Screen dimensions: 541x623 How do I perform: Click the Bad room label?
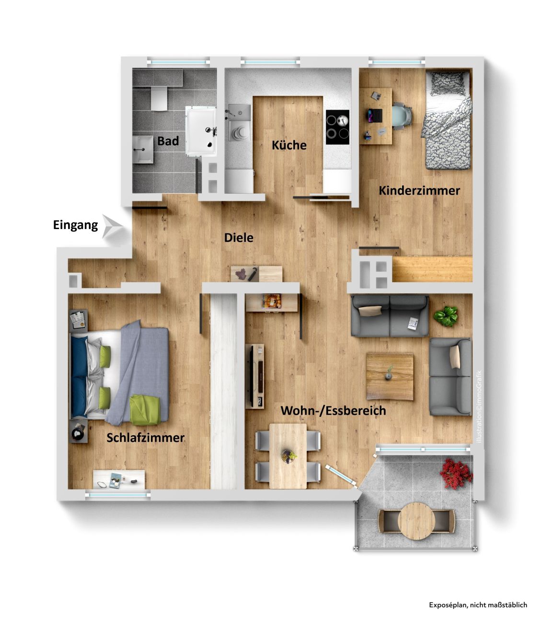[x=167, y=141]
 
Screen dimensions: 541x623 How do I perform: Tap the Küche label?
[x=288, y=145]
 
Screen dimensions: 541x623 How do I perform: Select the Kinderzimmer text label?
[x=419, y=191]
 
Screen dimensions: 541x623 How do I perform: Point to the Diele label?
[x=238, y=238]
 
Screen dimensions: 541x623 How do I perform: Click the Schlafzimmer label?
[x=145, y=438]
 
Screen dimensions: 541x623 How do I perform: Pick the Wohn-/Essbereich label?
[x=333, y=411]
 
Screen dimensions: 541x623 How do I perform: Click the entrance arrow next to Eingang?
[x=112, y=227]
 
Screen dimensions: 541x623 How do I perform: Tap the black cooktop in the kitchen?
[x=337, y=127]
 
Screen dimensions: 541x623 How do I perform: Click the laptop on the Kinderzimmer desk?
[x=375, y=115]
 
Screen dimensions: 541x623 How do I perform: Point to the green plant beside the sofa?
[x=445, y=316]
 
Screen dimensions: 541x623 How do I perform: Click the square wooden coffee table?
[x=390, y=376]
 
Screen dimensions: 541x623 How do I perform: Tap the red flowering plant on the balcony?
[x=456, y=473]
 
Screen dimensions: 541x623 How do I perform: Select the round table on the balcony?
[x=416, y=521]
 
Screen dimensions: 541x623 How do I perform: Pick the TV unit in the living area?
[x=254, y=376]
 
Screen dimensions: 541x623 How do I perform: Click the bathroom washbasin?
[x=142, y=150]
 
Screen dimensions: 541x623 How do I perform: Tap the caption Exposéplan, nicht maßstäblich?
[x=478, y=605]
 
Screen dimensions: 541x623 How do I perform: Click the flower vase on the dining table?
[x=288, y=456]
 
